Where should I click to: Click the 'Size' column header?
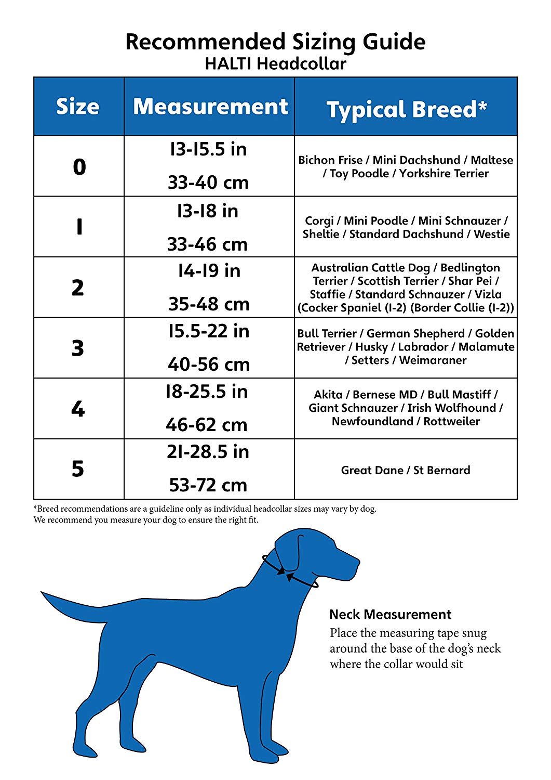(x=78, y=107)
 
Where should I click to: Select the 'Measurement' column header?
(x=210, y=107)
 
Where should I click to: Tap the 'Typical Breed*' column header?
(x=406, y=109)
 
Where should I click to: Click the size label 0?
(x=79, y=167)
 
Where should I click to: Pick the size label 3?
(x=78, y=348)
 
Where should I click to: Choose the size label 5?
(x=78, y=469)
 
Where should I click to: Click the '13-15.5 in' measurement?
(x=208, y=150)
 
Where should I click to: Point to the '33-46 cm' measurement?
(x=208, y=244)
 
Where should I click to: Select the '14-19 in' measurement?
(x=209, y=271)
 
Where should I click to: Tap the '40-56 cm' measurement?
(x=209, y=365)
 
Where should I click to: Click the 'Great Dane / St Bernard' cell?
(x=406, y=470)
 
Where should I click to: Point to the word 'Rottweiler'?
(x=452, y=421)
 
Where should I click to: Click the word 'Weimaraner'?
(x=433, y=360)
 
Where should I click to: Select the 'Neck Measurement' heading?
(x=390, y=615)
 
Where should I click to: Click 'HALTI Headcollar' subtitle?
(x=275, y=64)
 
